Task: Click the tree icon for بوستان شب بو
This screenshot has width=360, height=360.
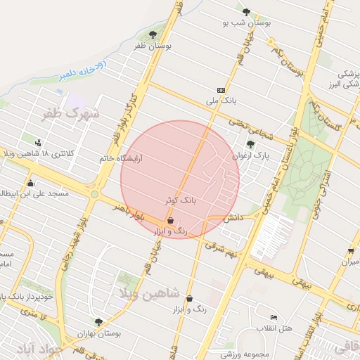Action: pyautogui.click(x=246, y=12)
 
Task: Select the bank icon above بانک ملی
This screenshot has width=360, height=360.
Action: pyautogui.click(x=221, y=90)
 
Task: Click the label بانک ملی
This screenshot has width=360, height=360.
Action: pyautogui.click(x=218, y=101)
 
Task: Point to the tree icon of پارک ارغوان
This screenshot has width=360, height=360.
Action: pyautogui.click(x=250, y=144)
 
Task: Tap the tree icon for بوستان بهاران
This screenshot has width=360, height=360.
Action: pyautogui.click(x=98, y=322)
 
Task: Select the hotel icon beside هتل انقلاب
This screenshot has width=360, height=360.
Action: pyautogui.click(x=274, y=317)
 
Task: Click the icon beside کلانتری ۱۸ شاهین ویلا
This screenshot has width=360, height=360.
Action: pyautogui.click(x=28, y=141)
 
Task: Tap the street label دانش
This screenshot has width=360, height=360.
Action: pyautogui.click(x=233, y=219)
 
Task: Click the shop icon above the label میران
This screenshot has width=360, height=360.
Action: pyautogui.click(x=350, y=251)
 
